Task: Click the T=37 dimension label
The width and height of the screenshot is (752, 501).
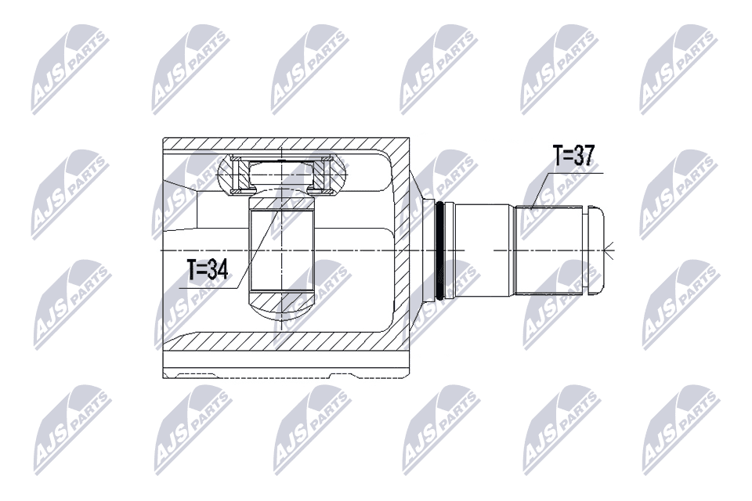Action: pos(573,157)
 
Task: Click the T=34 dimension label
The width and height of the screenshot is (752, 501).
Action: pos(207,271)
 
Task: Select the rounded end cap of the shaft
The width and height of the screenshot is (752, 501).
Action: pos(597,250)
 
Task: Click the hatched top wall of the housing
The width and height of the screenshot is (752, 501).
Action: pos(282,144)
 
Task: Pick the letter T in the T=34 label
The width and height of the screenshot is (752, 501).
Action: pos(193,271)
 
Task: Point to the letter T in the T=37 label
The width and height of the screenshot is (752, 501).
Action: pos(559,157)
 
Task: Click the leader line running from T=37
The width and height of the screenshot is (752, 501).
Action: pos(541,187)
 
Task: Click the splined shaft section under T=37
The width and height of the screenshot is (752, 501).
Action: pos(548,250)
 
